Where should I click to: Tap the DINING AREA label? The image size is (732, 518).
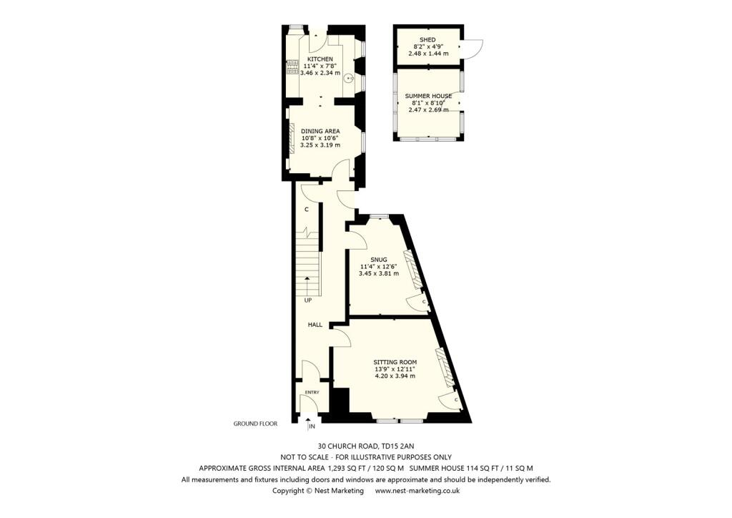click(x=320, y=131)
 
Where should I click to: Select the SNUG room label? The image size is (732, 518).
click(x=379, y=259)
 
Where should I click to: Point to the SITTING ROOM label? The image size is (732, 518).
click(x=395, y=362)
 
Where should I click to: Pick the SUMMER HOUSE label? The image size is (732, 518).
click(x=428, y=96)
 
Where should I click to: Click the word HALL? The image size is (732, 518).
click(x=315, y=325)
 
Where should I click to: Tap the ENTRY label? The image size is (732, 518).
click(x=312, y=393)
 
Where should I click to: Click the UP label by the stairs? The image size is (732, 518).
click(x=308, y=300)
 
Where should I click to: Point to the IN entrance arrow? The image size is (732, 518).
click(x=310, y=424)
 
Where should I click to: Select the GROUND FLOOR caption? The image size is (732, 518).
click(x=255, y=424)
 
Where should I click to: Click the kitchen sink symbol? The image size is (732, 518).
click(x=349, y=79)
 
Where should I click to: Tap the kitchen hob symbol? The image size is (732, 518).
click(x=292, y=67)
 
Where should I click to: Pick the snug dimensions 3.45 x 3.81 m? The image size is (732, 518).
click(x=379, y=273)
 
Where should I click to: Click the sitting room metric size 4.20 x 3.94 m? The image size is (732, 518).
click(x=395, y=376)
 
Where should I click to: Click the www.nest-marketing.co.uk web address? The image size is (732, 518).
click(x=417, y=491)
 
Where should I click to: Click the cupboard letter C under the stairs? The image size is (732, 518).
click(x=306, y=210)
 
